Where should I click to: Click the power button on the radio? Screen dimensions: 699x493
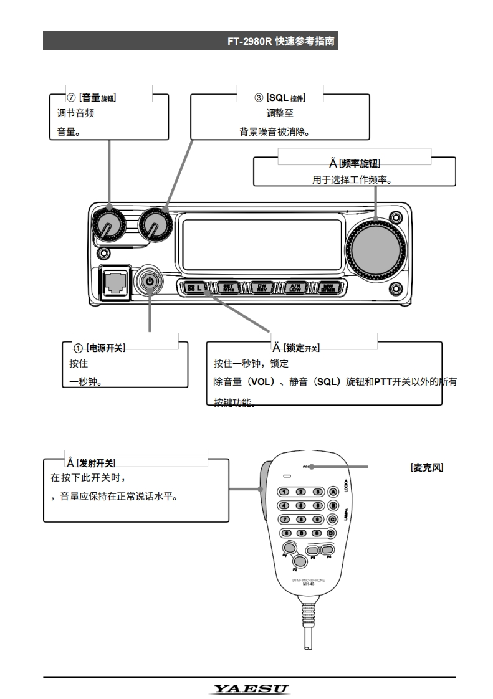[x=150, y=282]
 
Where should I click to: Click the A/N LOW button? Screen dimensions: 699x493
[x=295, y=288]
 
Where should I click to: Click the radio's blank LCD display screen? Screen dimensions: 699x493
[x=262, y=244]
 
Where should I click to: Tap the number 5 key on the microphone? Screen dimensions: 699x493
[x=301, y=505]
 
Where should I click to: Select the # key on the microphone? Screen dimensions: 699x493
[x=318, y=533]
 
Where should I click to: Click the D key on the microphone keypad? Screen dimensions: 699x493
[x=332, y=533]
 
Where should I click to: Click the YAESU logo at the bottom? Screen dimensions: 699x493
[x=251, y=688]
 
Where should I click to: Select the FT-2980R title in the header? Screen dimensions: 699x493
[x=250, y=42]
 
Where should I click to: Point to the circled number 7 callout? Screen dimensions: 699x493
[x=72, y=98]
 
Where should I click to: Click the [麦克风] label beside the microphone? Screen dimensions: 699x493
[x=427, y=467]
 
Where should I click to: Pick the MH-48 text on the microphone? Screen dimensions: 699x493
[x=308, y=584]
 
